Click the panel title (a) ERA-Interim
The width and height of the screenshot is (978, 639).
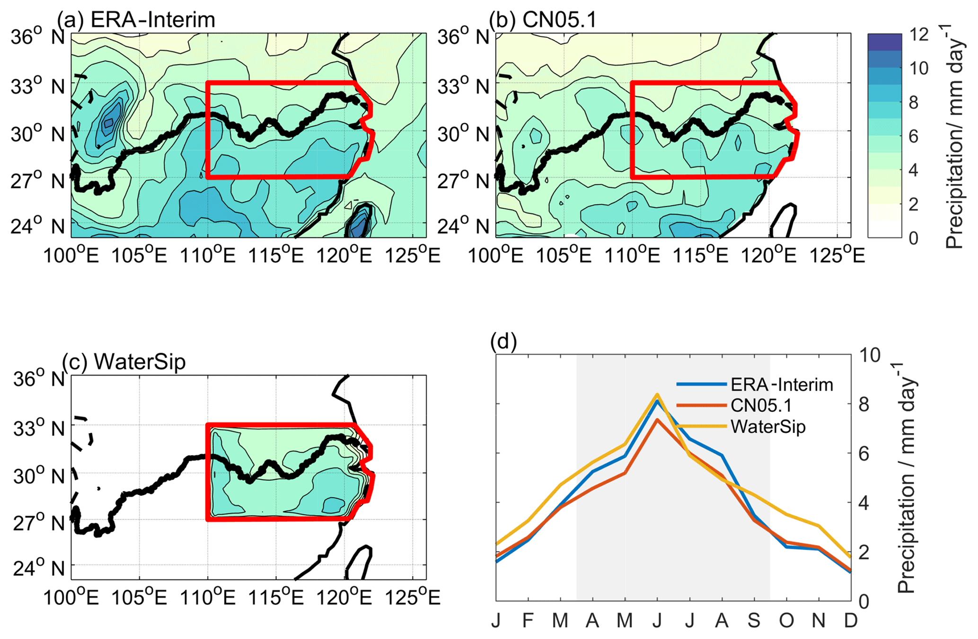(136, 20)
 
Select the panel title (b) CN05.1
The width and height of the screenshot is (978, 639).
(543, 20)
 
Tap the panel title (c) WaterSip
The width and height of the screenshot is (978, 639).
(124, 362)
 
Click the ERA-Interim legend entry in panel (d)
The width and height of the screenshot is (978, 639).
(781, 385)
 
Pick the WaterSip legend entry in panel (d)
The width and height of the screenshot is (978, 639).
(767, 427)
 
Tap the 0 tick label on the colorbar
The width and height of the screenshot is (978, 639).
(913, 238)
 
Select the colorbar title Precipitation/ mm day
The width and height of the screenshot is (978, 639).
(954, 137)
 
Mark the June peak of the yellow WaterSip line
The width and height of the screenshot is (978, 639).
(657, 394)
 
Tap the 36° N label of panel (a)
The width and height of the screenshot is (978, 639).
(38, 36)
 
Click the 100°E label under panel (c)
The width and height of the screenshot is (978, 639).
(71, 598)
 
